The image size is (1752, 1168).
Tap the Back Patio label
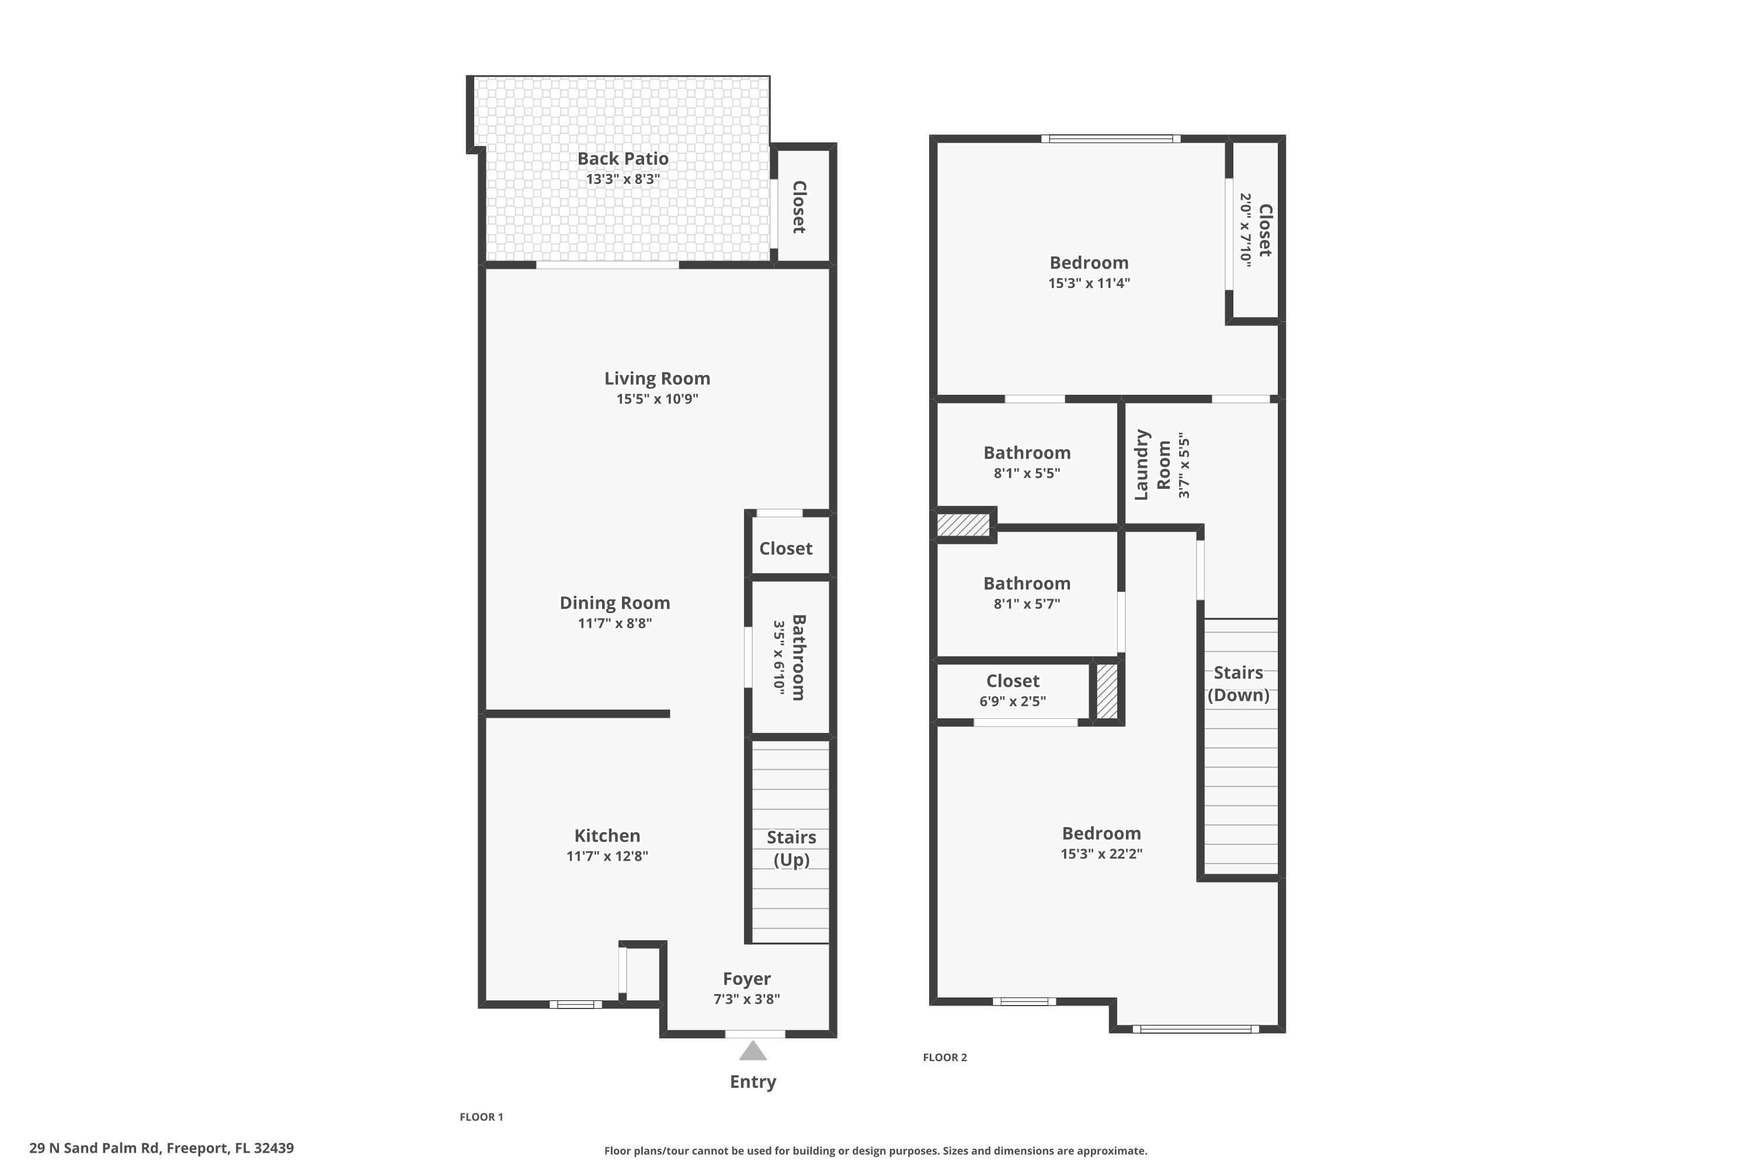pyautogui.click(x=623, y=159)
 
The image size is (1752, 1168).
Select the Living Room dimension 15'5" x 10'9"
pyautogui.click(x=657, y=398)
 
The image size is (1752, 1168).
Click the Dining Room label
pyautogui.click(x=614, y=603)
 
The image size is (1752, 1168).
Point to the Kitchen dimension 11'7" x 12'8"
pyautogui.click(x=607, y=856)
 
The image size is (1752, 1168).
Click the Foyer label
pyautogui.click(x=746, y=979)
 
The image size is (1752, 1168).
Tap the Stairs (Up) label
pyautogui.click(x=791, y=848)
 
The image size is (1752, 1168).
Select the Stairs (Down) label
pyautogui.click(x=1238, y=683)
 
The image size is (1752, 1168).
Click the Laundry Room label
pyautogui.click(x=1152, y=464)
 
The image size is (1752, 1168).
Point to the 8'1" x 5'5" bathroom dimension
pyautogui.click(x=1027, y=473)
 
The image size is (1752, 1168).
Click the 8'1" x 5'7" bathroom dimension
pyautogui.click(x=1027, y=604)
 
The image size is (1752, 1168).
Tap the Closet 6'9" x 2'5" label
pyautogui.click(x=1012, y=681)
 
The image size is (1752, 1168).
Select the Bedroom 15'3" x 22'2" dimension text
pyautogui.click(x=1101, y=854)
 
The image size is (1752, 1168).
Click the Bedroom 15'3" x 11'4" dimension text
pyautogui.click(x=1089, y=283)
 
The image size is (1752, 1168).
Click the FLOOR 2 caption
pyautogui.click(x=944, y=1057)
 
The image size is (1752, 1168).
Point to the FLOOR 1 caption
pyautogui.click(x=481, y=1117)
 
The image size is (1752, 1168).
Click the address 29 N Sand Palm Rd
pyautogui.click(x=162, y=1148)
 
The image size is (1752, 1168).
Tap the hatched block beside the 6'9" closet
pyautogui.click(x=1107, y=691)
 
